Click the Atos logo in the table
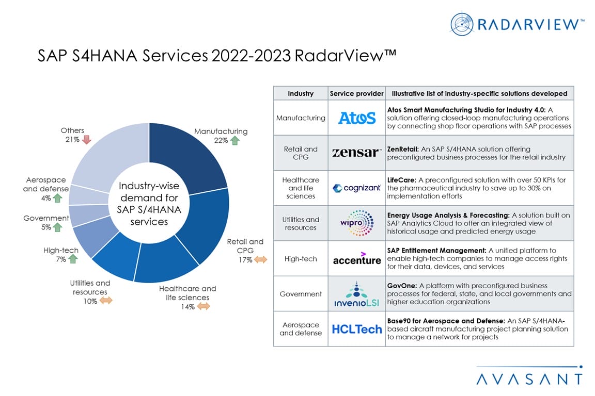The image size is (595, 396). point(356,118)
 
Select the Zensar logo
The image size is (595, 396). point(356,152)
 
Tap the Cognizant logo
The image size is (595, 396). point(356,188)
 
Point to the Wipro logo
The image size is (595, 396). point(356,224)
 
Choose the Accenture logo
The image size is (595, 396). point(356,258)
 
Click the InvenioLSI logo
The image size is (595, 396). point(356,294)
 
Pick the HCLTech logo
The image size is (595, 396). point(356,328)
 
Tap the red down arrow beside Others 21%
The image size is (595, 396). point(86,140)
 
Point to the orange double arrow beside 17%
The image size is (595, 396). point(260,260)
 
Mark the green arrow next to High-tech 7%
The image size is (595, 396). point(73,259)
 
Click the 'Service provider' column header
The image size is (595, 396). point(356,93)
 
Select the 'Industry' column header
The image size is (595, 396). point(301,93)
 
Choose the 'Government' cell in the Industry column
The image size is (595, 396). point(301,294)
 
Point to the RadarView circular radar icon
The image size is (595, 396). point(461,24)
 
